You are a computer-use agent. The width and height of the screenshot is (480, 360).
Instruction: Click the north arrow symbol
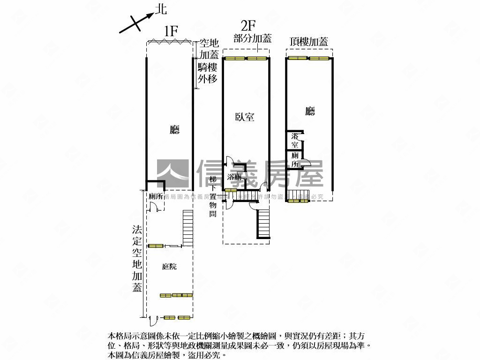pos(136,22)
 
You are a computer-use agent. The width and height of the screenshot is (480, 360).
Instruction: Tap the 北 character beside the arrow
pos(160,9)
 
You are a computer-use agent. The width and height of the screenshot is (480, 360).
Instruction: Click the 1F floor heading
pos(171,31)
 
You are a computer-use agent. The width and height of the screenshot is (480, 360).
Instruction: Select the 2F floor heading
pos(248,25)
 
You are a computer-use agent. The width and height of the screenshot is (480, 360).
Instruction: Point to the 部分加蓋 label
pos(253,39)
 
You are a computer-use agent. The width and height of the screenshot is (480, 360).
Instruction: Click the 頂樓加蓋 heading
pos(309,41)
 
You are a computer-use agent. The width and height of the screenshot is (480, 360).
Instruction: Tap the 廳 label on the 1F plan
pos(174,130)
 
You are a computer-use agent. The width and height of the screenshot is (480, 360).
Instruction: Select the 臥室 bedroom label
pos(245,117)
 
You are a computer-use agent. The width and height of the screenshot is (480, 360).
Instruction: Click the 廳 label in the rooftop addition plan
pos(309,111)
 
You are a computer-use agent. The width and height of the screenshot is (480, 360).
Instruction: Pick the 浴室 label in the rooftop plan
pos(295,140)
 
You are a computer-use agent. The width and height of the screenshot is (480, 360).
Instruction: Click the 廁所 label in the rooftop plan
pos(295,159)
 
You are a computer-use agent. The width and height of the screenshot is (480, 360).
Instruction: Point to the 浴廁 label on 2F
pos(234,177)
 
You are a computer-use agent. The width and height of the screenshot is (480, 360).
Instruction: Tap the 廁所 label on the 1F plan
pos(156,197)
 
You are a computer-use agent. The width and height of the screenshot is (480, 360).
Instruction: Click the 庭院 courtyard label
pos(169,267)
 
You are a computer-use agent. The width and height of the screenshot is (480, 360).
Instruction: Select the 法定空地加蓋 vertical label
pos(136,258)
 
